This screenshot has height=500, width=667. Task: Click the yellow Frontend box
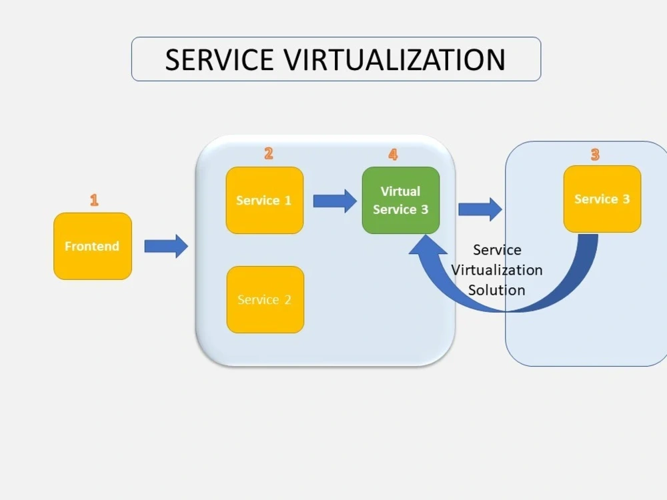click(93, 246)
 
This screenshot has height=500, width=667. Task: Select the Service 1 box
click(265, 200)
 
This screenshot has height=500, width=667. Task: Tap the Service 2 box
click(265, 299)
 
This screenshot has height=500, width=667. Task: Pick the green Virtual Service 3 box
click(401, 200)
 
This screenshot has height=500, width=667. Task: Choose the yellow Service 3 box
click(602, 199)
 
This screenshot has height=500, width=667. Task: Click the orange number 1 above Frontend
click(94, 200)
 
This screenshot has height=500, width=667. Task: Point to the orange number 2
click(268, 154)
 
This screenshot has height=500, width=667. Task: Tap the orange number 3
click(594, 155)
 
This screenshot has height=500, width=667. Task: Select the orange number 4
click(393, 155)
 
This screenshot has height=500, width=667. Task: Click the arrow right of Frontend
click(166, 246)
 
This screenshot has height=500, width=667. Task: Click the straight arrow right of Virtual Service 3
click(480, 209)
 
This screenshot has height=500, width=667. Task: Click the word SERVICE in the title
click(219, 60)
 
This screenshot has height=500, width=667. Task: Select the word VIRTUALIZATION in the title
click(395, 60)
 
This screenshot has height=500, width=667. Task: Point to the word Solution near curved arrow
click(496, 290)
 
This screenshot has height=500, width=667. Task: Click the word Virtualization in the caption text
click(497, 270)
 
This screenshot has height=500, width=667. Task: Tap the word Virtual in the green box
click(400, 191)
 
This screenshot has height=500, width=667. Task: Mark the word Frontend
click(92, 246)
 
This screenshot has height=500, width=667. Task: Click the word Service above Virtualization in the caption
click(497, 250)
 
